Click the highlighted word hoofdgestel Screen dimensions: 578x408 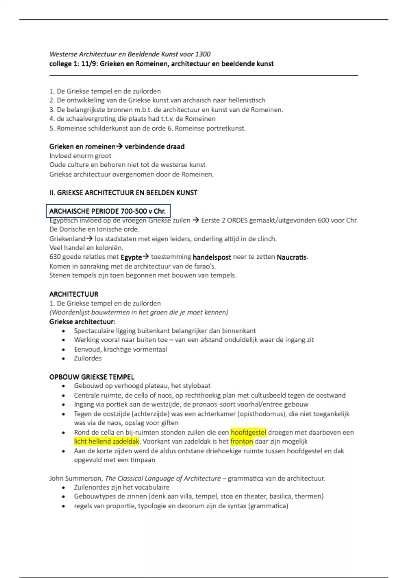click(248, 432)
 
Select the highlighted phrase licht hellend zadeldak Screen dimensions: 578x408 click(107, 441)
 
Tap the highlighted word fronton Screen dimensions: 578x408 click(242, 441)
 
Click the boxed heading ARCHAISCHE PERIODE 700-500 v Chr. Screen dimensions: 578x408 click(108, 211)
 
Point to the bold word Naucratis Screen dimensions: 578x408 click(292, 257)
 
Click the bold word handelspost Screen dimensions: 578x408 click(211, 257)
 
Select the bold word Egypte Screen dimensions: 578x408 click(131, 257)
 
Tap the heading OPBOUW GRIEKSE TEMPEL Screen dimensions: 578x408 click(92, 377)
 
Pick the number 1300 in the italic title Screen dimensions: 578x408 click(203, 54)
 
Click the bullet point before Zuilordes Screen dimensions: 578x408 click(64, 358)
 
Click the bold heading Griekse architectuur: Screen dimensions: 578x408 click(82, 321)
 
